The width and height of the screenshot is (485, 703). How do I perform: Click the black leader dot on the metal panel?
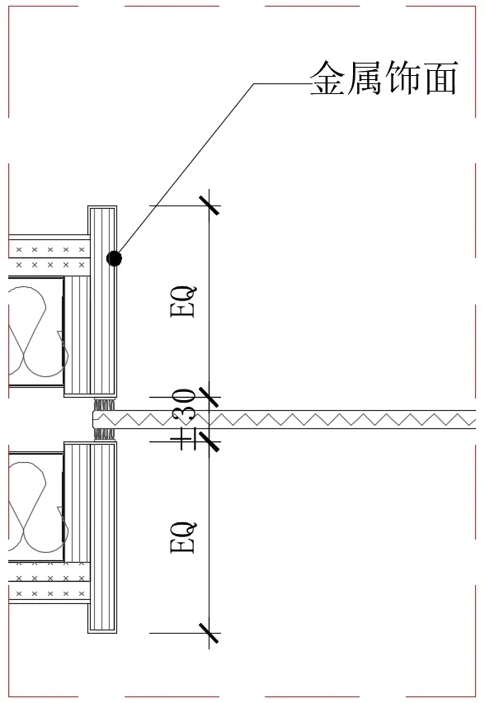click(x=115, y=257)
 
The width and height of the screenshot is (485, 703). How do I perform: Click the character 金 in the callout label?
click(x=328, y=78)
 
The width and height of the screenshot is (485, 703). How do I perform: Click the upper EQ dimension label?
click(x=183, y=302)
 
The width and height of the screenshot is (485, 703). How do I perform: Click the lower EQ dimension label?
click(x=183, y=536)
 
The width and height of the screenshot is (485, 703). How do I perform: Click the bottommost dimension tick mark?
click(x=210, y=633)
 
